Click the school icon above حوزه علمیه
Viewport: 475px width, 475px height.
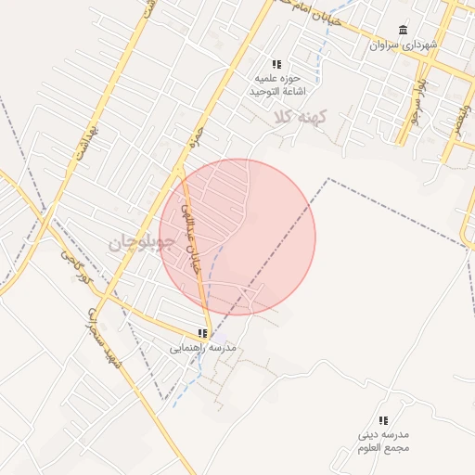coord(276,64)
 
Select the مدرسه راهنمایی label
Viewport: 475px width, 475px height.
coord(202,348)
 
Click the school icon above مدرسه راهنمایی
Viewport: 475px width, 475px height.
coord(202,333)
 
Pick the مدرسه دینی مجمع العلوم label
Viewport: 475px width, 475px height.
coord(384,442)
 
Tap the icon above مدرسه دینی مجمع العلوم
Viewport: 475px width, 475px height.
coord(384,420)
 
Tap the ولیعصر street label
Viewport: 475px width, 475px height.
coord(458,117)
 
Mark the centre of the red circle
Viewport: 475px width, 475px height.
coord(237,237)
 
